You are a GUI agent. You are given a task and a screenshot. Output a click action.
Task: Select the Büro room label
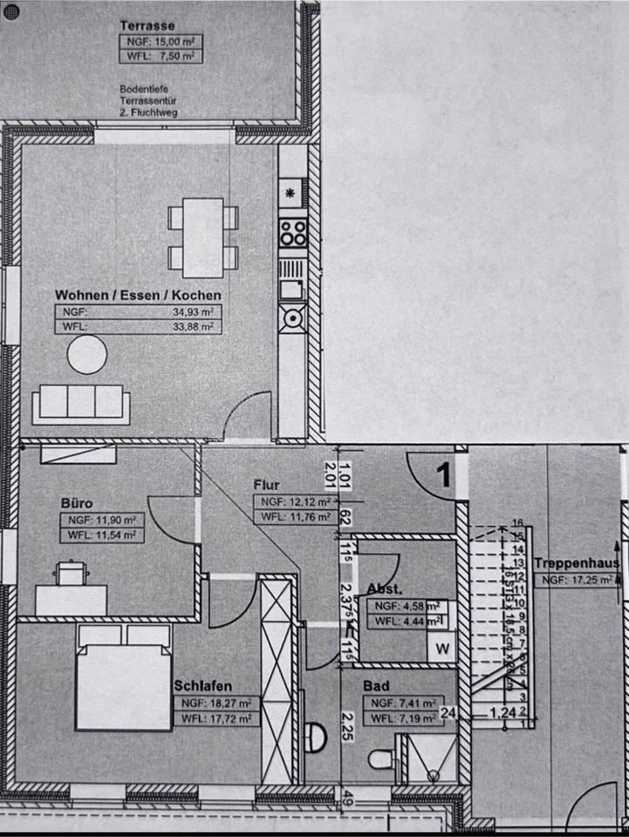(77, 503)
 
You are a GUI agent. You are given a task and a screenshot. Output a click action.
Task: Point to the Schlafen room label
(202, 685)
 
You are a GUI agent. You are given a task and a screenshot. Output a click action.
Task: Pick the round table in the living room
(87, 355)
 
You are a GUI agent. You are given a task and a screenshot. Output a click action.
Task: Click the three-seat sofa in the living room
(81, 404)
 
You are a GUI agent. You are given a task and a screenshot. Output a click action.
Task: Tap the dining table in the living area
(203, 233)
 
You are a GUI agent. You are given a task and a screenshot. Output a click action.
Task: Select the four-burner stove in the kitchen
(292, 233)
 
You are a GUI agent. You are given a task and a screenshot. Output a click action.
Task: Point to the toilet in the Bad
(380, 759)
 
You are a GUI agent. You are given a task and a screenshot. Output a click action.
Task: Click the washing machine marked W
(443, 648)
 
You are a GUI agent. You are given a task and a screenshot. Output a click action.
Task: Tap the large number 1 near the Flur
(443, 475)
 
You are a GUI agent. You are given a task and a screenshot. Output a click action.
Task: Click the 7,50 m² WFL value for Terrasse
(178, 57)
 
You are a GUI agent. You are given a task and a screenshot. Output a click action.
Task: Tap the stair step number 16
(517, 523)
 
